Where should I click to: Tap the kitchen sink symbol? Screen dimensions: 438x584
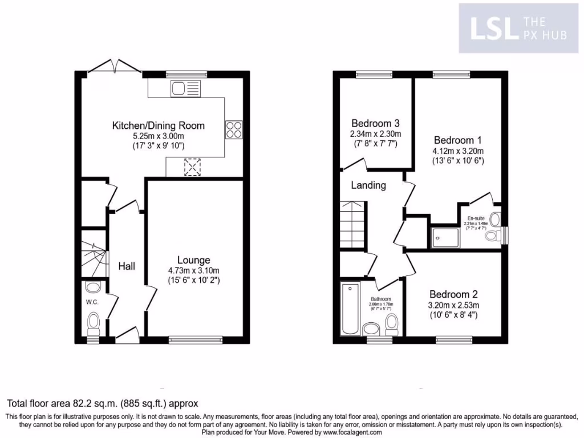[x=185, y=88]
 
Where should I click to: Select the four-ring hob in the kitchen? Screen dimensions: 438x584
[x=234, y=129]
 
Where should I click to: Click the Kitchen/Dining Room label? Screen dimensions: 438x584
[x=158, y=125]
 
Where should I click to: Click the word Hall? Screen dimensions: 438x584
[x=127, y=266]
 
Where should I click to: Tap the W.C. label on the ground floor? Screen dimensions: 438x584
[x=92, y=302]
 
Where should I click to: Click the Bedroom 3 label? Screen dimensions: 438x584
[x=375, y=123]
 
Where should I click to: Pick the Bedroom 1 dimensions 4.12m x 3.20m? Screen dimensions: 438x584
[x=459, y=151]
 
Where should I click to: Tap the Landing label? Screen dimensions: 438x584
[x=368, y=185]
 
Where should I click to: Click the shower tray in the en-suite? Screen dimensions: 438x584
[x=445, y=237]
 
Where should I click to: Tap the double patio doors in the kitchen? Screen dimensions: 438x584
[x=115, y=67]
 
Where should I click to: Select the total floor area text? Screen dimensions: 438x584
[x=103, y=403]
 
